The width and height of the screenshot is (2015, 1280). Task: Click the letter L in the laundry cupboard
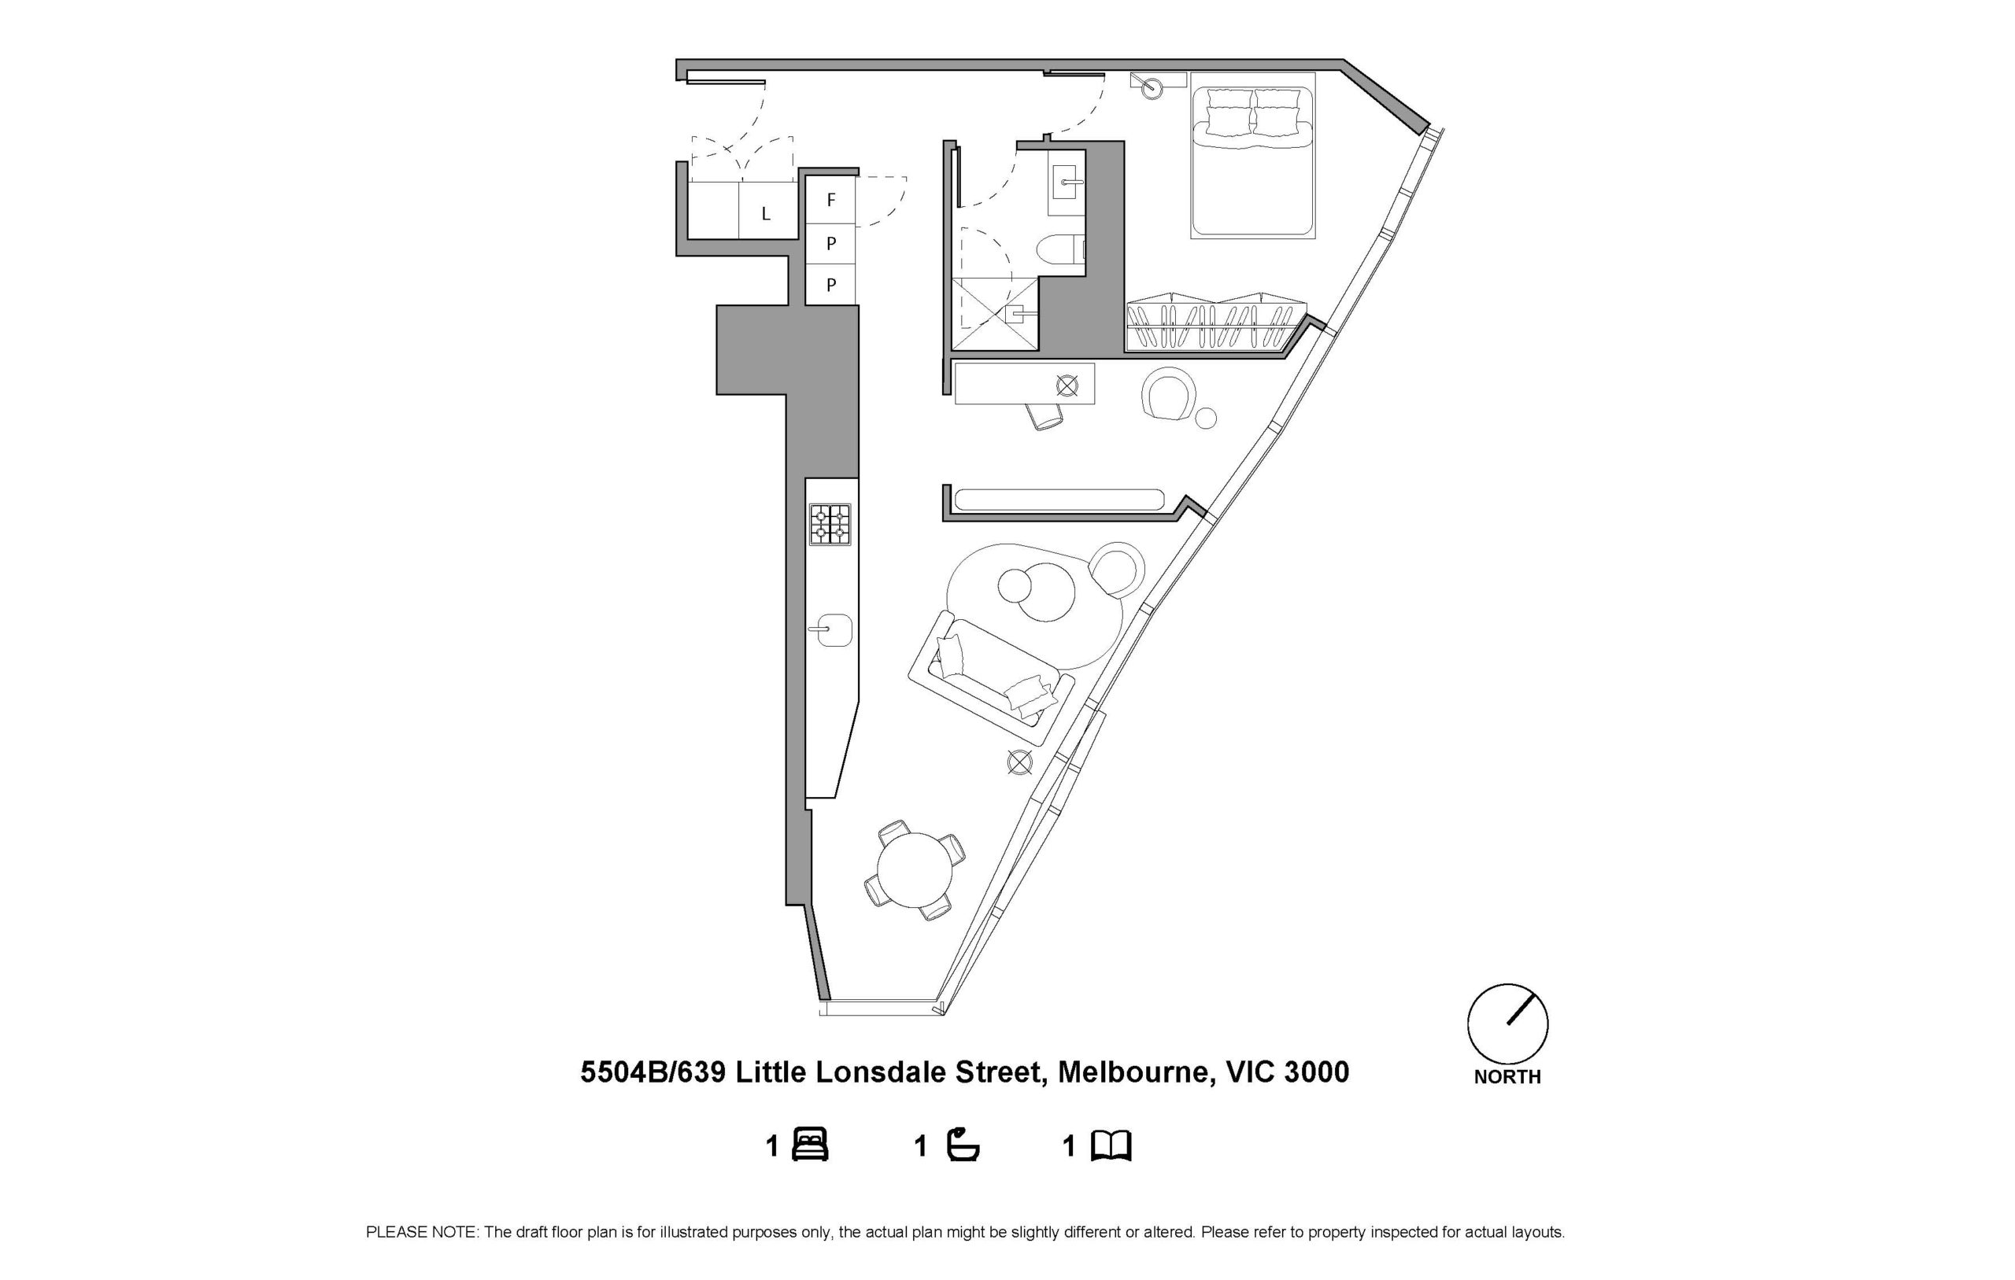pyautogui.click(x=766, y=214)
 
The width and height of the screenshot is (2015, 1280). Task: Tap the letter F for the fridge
pyautogui.click(x=831, y=200)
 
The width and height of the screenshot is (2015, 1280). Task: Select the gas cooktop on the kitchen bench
pyautogui.click(x=830, y=525)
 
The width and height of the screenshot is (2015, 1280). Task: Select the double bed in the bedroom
pyautogui.click(x=1252, y=155)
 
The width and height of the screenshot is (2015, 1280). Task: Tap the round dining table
pyautogui.click(x=915, y=870)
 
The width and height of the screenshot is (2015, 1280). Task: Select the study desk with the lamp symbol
pyautogui.click(x=1024, y=384)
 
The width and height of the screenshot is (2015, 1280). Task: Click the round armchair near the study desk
pyautogui.click(x=1169, y=393)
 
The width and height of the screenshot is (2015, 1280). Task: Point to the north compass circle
pyautogui.click(x=1507, y=1024)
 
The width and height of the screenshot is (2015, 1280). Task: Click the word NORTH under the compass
pyautogui.click(x=1507, y=1078)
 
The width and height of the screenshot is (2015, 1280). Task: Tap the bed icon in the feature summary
pyautogui.click(x=809, y=1145)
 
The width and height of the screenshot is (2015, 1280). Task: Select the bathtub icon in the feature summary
pyautogui.click(x=963, y=1145)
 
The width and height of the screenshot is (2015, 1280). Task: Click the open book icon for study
pyautogui.click(x=1111, y=1145)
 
